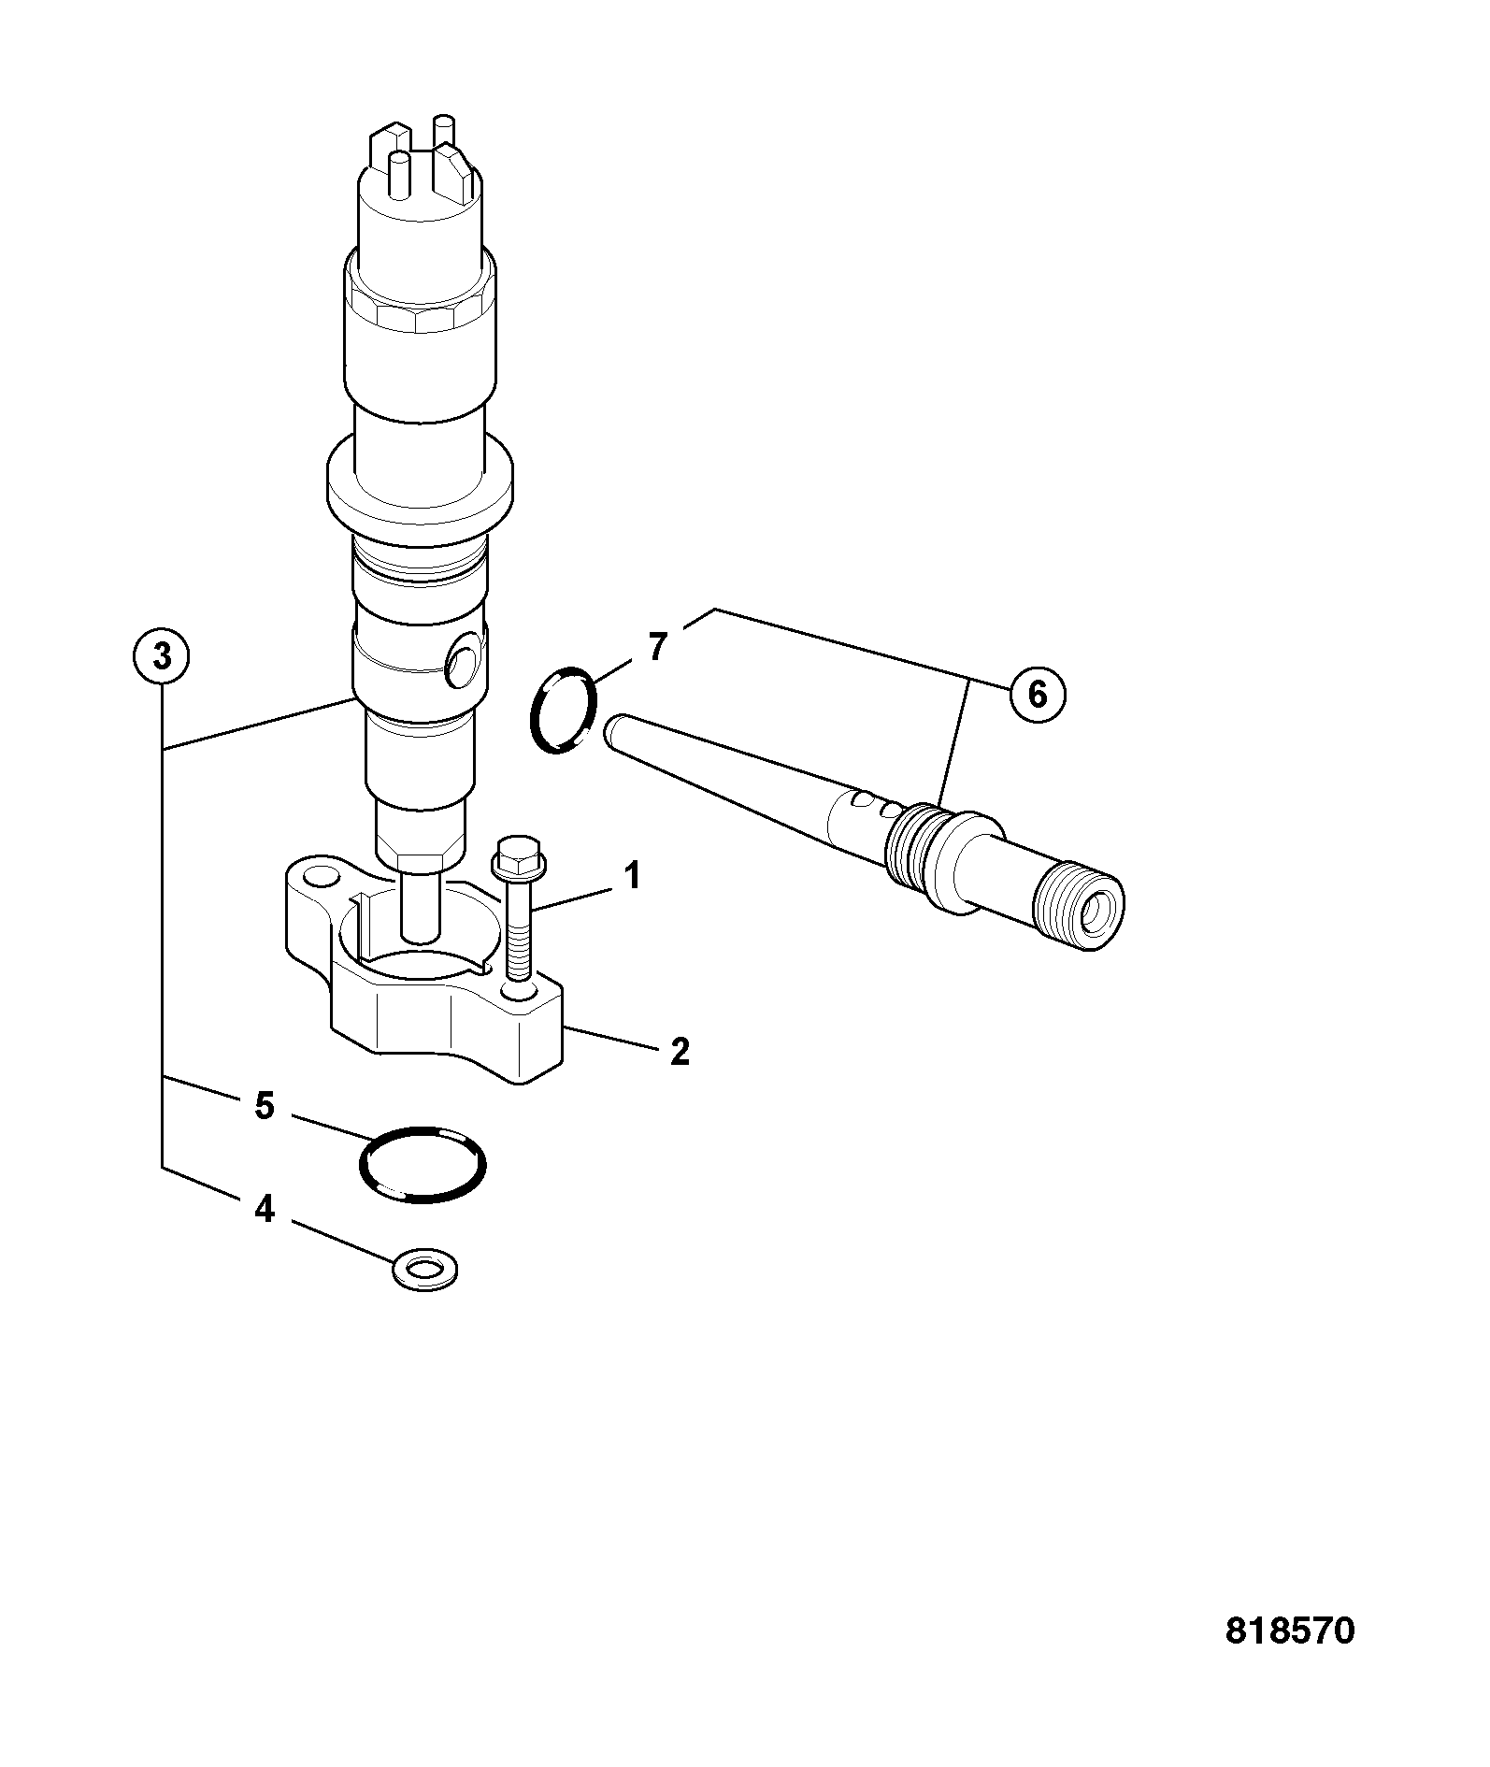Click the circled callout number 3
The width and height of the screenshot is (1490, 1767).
click(x=162, y=657)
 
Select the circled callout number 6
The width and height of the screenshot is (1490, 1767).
click(x=1036, y=695)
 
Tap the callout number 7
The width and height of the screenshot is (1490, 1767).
click(x=658, y=647)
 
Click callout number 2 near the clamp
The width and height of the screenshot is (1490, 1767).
click(x=680, y=1052)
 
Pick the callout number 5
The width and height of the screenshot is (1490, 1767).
click(x=265, y=1106)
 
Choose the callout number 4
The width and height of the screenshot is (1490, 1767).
click(x=265, y=1209)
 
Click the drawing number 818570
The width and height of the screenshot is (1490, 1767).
click(x=1289, y=1631)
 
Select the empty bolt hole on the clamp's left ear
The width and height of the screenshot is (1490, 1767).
click(x=322, y=877)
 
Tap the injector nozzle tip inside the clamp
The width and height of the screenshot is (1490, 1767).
click(x=419, y=906)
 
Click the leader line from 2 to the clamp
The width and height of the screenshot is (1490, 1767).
click(x=612, y=1040)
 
